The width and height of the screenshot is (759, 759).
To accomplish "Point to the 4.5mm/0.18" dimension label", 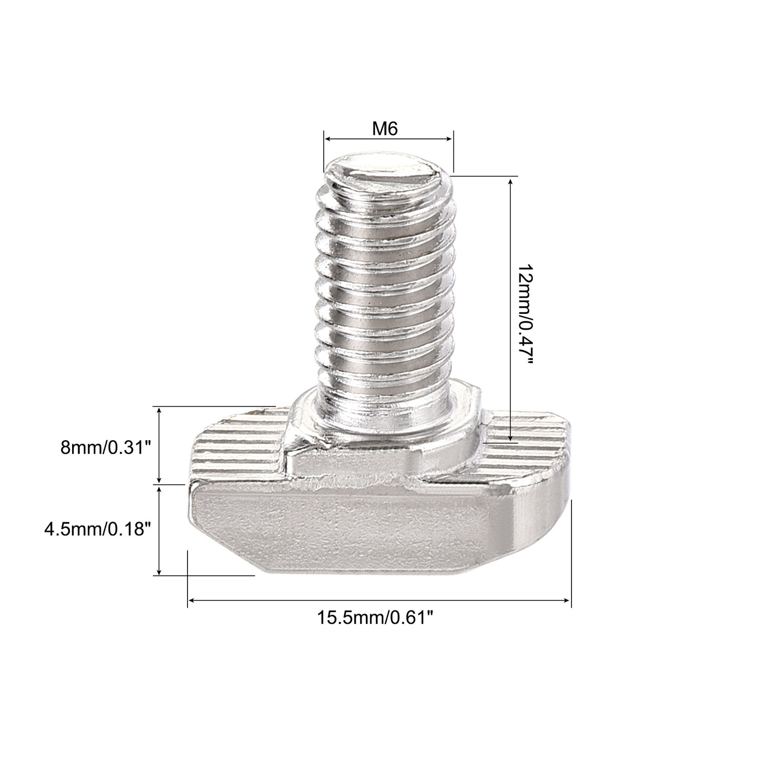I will tap(97, 529).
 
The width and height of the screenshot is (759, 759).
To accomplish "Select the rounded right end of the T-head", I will tap(542, 515).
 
